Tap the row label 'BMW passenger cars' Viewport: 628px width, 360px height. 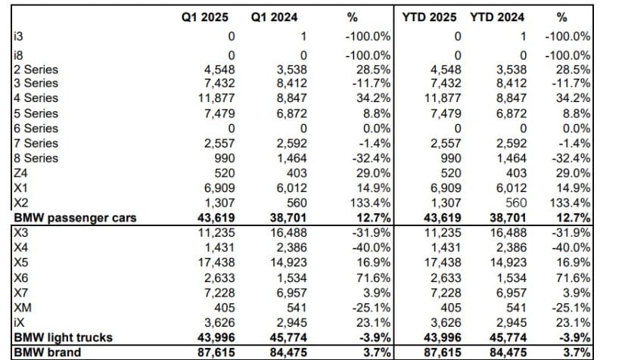(x=75, y=218)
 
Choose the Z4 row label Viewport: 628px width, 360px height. (x=21, y=173)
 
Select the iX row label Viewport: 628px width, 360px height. (x=20, y=322)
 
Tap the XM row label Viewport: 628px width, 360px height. (x=21, y=307)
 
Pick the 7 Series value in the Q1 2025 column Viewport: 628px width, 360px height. (x=219, y=144)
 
